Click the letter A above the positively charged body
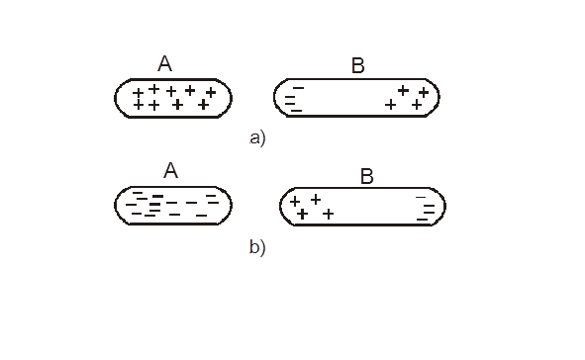[165, 63]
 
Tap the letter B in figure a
[357, 65]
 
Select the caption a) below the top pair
[257, 137]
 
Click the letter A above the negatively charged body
[171, 171]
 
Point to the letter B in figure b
[367, 176]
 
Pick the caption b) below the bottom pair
[257, 246]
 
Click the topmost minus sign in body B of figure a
[299, 88]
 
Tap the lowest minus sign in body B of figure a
[296, 111]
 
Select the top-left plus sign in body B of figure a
[403, 90]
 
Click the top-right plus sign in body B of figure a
[424, 92]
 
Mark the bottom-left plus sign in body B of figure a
[390, 105]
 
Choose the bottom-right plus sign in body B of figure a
[417, 105]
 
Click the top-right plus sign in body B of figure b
[316, 200]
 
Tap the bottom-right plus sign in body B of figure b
[328, 214]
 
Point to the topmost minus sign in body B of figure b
[421, 197]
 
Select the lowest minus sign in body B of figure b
[422, 220]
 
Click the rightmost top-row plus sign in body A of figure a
[211, 92]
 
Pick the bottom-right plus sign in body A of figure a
[203, 105]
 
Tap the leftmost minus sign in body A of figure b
[131, 205]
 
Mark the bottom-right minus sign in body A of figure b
[202, 215]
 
